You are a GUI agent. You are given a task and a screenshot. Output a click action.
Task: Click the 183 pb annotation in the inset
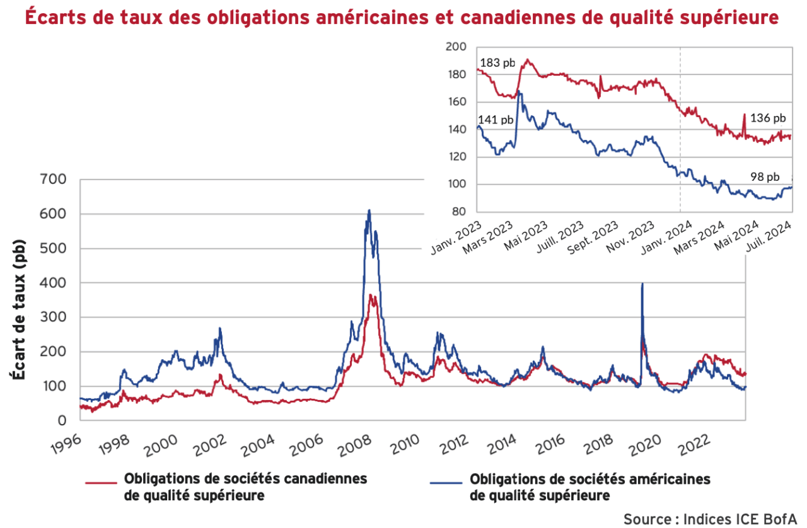tap(497, 63)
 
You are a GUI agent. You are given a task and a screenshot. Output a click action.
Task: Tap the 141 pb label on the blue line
tap(496, 120)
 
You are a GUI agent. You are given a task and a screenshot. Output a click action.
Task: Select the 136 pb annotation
tap(769, 118)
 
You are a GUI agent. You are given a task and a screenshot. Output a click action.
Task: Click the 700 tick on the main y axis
tap(52, 180)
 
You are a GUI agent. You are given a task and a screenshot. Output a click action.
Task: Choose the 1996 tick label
tap(67, 443)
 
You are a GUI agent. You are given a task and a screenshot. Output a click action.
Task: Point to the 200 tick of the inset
tap(455, 47)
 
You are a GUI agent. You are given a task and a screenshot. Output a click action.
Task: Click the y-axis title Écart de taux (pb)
tap(18, 309)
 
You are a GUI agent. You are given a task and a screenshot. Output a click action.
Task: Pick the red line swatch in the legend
tap(101, 483)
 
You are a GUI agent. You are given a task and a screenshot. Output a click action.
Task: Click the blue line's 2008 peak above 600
tap(369, 211)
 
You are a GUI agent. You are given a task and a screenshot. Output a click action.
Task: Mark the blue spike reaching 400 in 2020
tap(642, 285)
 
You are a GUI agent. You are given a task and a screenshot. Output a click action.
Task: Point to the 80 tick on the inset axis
tap(458, 212)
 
